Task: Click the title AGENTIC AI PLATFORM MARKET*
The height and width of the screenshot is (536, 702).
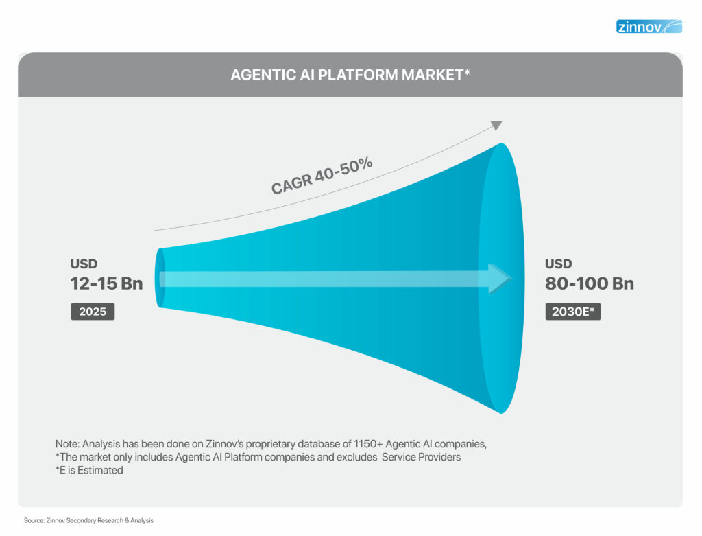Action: click(350, 75)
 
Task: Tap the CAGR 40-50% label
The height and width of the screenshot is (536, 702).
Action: click(322, 175)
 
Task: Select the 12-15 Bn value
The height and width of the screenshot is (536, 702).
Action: click(106, 283)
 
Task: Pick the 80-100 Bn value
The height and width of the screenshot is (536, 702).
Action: click(590, 283)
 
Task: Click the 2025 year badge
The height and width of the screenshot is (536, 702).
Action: click(93, 312)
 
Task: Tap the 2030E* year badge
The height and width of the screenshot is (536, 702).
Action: click(573, 312)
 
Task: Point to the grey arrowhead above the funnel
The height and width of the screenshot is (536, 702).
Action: click(496, 126)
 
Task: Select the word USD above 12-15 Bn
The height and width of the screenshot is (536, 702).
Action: click(84, 264)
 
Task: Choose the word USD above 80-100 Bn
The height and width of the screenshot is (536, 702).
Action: click(559, 264)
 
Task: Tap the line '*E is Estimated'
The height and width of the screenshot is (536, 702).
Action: click(89, 471)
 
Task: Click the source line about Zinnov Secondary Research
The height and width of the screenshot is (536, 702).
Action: click(88, 521)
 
